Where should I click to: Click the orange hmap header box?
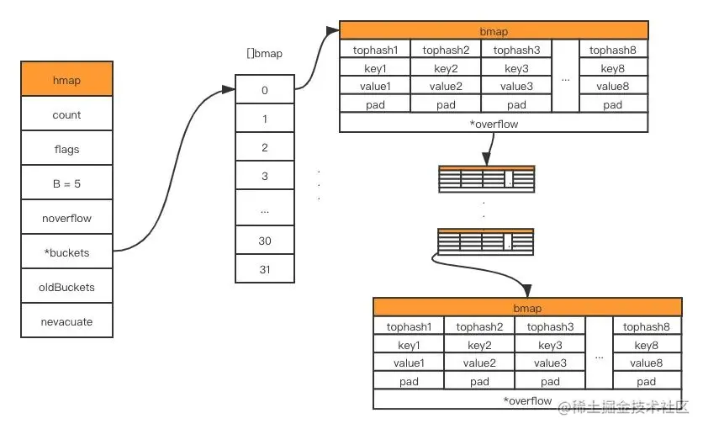coord(66,81)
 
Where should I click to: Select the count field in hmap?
coord(66,115)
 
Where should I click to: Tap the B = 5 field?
coord(66,183)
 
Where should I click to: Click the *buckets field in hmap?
coord(66,252)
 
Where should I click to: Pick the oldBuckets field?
coord(66,287)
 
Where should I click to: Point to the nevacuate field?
coord(66,321)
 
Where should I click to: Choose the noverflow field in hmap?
coord(66,218)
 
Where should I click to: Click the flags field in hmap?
coord(66,149)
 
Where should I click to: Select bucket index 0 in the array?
coord(265,89)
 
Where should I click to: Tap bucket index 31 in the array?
coord(265,269)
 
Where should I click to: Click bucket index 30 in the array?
coord(265,241)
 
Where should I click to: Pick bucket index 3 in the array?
coord(265,176)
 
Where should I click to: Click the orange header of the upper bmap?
coord(494,32)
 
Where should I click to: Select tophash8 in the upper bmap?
coord(613,50)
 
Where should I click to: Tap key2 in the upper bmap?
coord(446,68)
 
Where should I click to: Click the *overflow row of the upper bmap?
coord(494,124)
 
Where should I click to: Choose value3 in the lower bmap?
coord(550,363)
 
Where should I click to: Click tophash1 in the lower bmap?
coord(409,326)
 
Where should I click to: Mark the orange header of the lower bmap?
coord(527,308)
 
